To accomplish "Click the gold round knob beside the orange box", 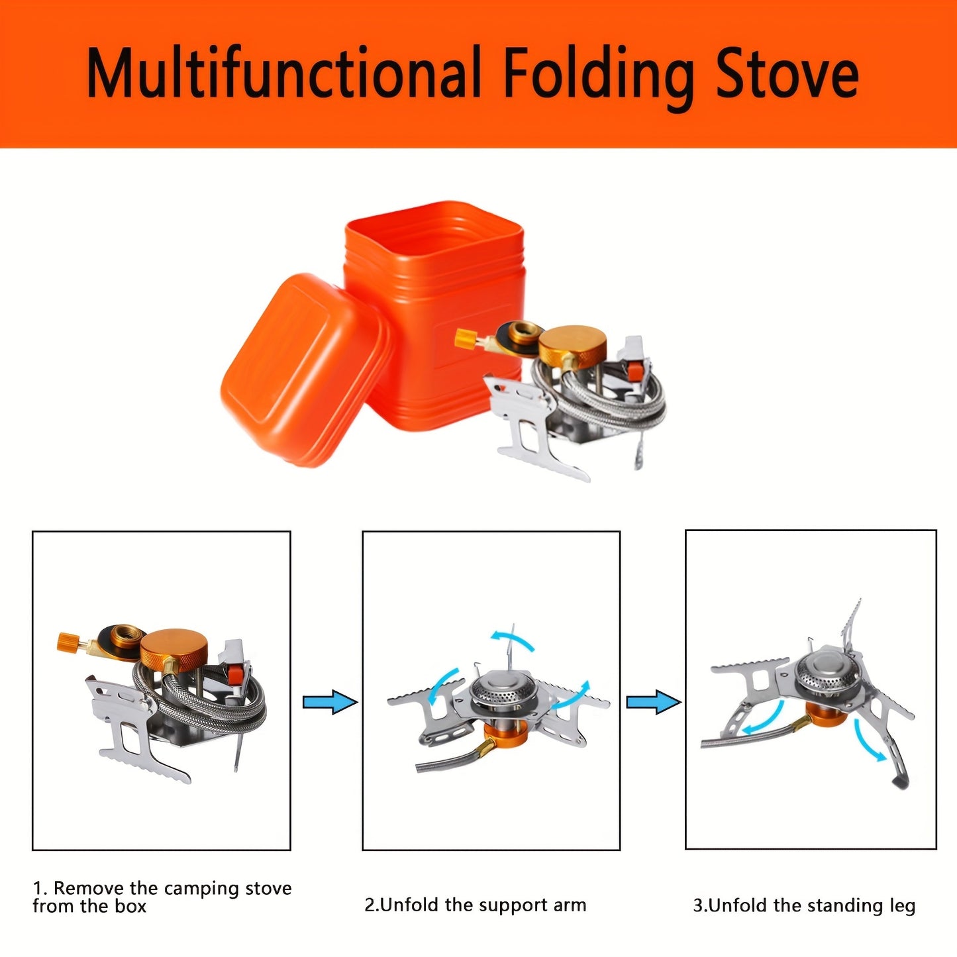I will (x=572, y=343).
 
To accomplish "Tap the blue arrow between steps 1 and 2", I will (x=330, y=701).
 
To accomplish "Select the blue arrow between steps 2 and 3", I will (x=653, y=701).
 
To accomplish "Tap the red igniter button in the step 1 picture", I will (x=233, y=675).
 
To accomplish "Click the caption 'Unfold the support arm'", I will (x=475, y=905).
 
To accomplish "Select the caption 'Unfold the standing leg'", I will (x=804, y=905).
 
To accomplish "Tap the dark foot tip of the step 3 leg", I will (x=901, y=781).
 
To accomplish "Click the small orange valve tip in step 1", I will (x=67, y=641).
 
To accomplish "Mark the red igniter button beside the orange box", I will (x=634, y=370).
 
